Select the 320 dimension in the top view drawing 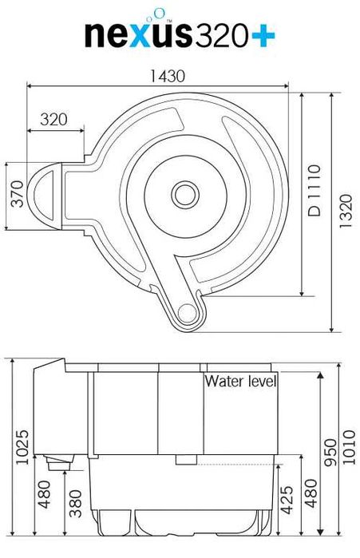click(x=53, y=121)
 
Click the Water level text click(x=240, y=382)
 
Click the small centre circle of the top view click(x=185, y=192)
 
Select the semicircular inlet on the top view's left click(x=42, y=196)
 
